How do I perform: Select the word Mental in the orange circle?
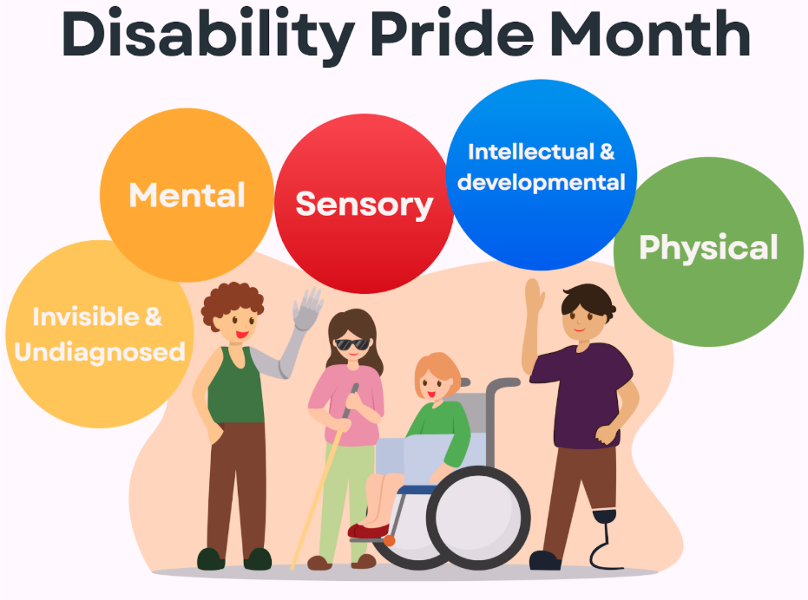tap(187, 194)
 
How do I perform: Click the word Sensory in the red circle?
tap(364, 204)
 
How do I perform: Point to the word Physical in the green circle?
tap(708, 248)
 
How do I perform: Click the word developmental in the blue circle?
tap(541, 183)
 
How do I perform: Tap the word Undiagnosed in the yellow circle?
tap(100, 352)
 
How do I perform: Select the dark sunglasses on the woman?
tap(351, 344)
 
